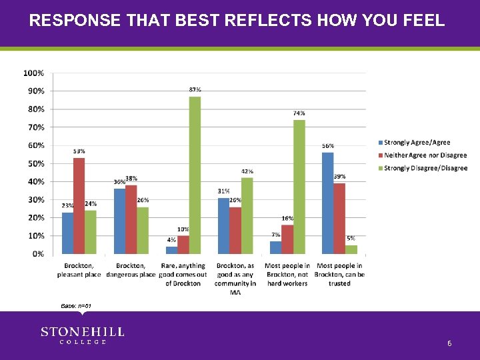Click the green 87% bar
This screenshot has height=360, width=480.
[195, 175]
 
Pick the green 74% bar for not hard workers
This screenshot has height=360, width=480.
[299, 187]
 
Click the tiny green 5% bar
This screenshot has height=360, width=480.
[351, 249]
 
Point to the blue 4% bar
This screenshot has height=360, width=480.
[171, 250]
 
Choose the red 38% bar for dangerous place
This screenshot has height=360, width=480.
[131, 219]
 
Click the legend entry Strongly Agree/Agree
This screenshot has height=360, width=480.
[417, 142]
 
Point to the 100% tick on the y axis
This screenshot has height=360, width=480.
[34, 73]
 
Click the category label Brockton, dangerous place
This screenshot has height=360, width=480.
[131, 270]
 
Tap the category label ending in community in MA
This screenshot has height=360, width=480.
[235, 279]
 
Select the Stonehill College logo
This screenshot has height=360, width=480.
[82, 335]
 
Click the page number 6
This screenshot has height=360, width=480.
[449, 343]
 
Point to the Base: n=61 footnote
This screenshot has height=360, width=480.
[75, 305]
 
